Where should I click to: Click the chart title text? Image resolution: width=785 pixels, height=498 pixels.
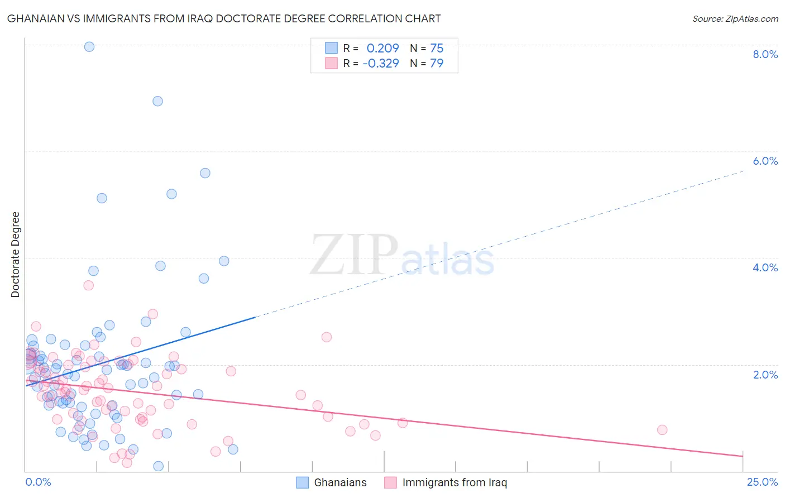click(224, 19)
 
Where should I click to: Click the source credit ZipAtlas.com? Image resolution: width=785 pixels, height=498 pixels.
click(735, 19)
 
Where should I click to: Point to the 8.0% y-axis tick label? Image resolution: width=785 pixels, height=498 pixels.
click(765, 54)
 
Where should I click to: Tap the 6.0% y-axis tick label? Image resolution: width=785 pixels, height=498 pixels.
click(765, 161)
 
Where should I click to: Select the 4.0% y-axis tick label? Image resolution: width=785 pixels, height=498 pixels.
click(765, 267)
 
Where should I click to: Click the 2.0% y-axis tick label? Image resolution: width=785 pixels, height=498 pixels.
click(765, 375)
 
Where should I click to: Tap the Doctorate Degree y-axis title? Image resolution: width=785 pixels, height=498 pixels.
click(16, 255)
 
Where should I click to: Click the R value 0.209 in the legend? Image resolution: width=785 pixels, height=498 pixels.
click(382, 49)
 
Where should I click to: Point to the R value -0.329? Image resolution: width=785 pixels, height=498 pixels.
click(381, 64)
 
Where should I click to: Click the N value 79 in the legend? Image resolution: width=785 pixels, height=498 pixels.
click(437, 64)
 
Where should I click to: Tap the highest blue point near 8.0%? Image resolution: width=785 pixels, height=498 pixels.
click(89, 47)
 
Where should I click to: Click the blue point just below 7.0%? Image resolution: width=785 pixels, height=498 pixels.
click(158, 101)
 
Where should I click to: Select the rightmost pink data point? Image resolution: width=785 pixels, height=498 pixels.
click(662, 430)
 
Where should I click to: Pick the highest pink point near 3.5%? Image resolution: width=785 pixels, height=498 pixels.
click(88, 285)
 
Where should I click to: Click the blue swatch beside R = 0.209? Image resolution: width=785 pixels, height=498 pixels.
click(332, 48)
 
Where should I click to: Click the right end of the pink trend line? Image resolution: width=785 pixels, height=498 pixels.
click(743, 457)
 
